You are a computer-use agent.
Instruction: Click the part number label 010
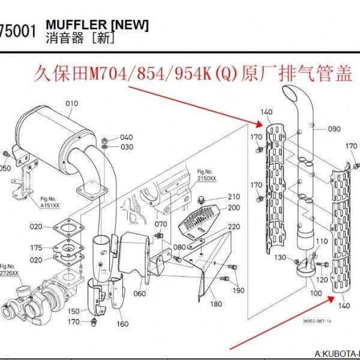(x=72, y=104)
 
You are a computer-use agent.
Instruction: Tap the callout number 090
(x=334, y=129)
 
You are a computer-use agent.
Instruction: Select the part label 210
(x=233, y=197)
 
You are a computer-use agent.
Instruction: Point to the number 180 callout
(x=215, y=304)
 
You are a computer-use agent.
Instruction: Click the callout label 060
(x=140, y=293)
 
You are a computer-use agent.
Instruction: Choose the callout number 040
(x=127, y=137)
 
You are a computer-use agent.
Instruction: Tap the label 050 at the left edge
(x=5, y=169)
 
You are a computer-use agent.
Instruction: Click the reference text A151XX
(x=50, y=205)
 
